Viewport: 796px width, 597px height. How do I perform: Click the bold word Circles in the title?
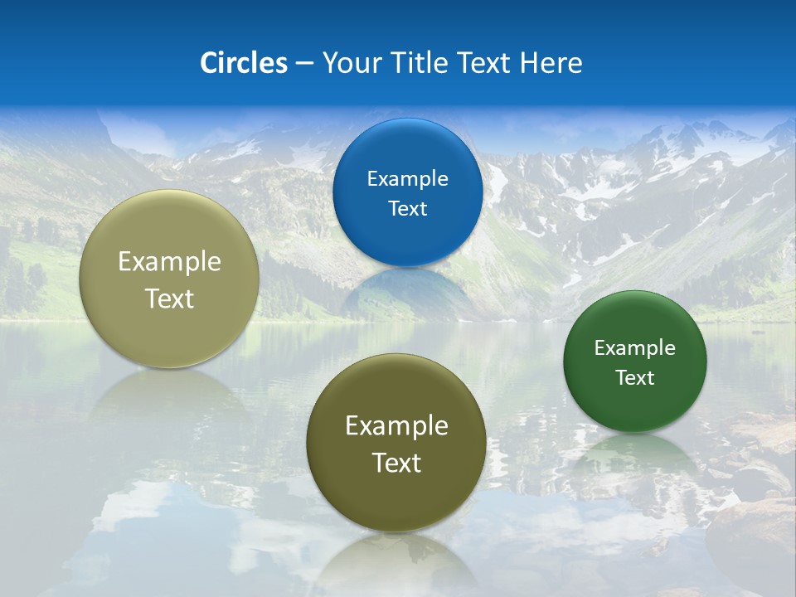point(244,63)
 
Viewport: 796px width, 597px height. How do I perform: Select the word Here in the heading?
point(551,63)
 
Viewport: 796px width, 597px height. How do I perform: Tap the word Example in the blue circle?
point(407,179)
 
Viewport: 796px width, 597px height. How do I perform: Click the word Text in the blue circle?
point(407,208)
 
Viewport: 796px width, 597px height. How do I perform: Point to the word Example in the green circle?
point(635,348)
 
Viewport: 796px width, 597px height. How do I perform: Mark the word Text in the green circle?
point(635,378)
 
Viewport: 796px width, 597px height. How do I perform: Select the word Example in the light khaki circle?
point(169,262)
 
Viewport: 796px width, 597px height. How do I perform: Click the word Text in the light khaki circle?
point(169,298)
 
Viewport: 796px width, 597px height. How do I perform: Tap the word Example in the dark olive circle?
point(396,426)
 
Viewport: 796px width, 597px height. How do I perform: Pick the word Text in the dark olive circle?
point(396,463)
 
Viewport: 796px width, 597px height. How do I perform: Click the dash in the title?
point(303,64)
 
